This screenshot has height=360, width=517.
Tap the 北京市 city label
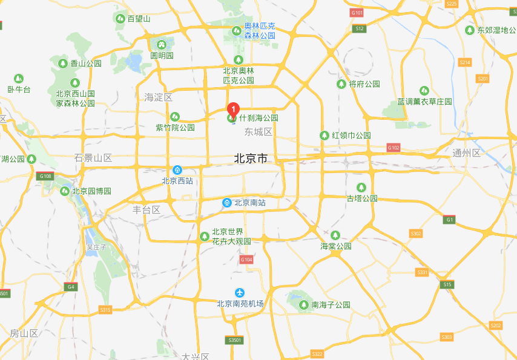coord(251,159)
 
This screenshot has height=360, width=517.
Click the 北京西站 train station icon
coord(177,171)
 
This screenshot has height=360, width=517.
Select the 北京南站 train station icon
coord(226,203)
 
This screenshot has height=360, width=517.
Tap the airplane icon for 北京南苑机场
coord(240,293)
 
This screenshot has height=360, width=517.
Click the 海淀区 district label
coord(159,97)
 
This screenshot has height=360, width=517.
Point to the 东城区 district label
coord(258,132)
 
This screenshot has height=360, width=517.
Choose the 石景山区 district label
coord(93,159)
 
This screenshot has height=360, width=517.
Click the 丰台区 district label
coord(147,210)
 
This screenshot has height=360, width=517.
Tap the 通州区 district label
coord(466,153)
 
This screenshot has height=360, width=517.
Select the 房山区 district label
coord(24,333)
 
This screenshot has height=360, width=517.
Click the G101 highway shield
coord(357,13)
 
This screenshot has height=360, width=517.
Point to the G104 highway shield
coord(245,260)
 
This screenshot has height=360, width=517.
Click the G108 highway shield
coord(44,176)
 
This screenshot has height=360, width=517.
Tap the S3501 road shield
coord(235,341)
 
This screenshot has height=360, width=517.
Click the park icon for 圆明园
coord(162,44)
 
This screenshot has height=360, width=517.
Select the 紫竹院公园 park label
coord(176,128)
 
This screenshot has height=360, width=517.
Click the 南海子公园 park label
coord(331,305)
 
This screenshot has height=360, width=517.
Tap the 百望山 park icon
coord(120,19)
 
